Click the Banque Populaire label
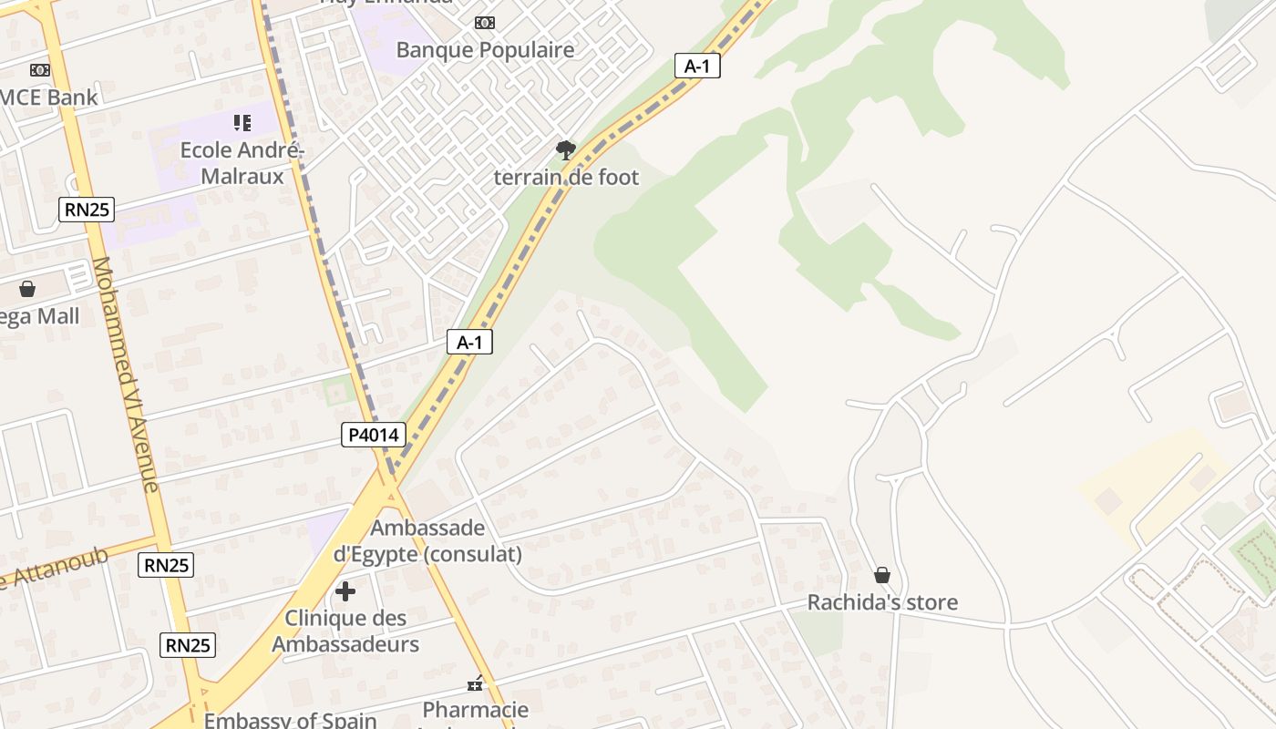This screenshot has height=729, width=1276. point(485,50)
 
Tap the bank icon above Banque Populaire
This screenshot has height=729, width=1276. point(485,23)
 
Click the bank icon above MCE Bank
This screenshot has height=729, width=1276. point(39,70)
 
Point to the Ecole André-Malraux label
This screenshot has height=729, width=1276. point(242,162)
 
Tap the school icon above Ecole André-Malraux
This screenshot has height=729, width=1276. point(242,122)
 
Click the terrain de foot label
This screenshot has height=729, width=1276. point(566,177)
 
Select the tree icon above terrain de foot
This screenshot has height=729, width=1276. point(566,149)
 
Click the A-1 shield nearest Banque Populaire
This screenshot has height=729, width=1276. point(697,66)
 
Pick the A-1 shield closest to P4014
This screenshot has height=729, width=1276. point(469,343)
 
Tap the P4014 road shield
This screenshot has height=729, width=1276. point(374,435)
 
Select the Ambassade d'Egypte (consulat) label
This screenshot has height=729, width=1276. point(427,540)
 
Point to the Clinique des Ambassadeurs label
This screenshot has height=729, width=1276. point(345,631)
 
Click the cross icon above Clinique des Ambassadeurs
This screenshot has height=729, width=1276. point(345,591)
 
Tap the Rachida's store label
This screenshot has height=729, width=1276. point(882,602)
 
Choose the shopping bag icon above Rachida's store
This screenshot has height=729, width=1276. point(882,575)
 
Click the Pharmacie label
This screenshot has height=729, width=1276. point(475,709)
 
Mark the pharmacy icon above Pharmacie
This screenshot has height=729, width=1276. point(475,683)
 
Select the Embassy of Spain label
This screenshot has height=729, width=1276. point(290,720)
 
